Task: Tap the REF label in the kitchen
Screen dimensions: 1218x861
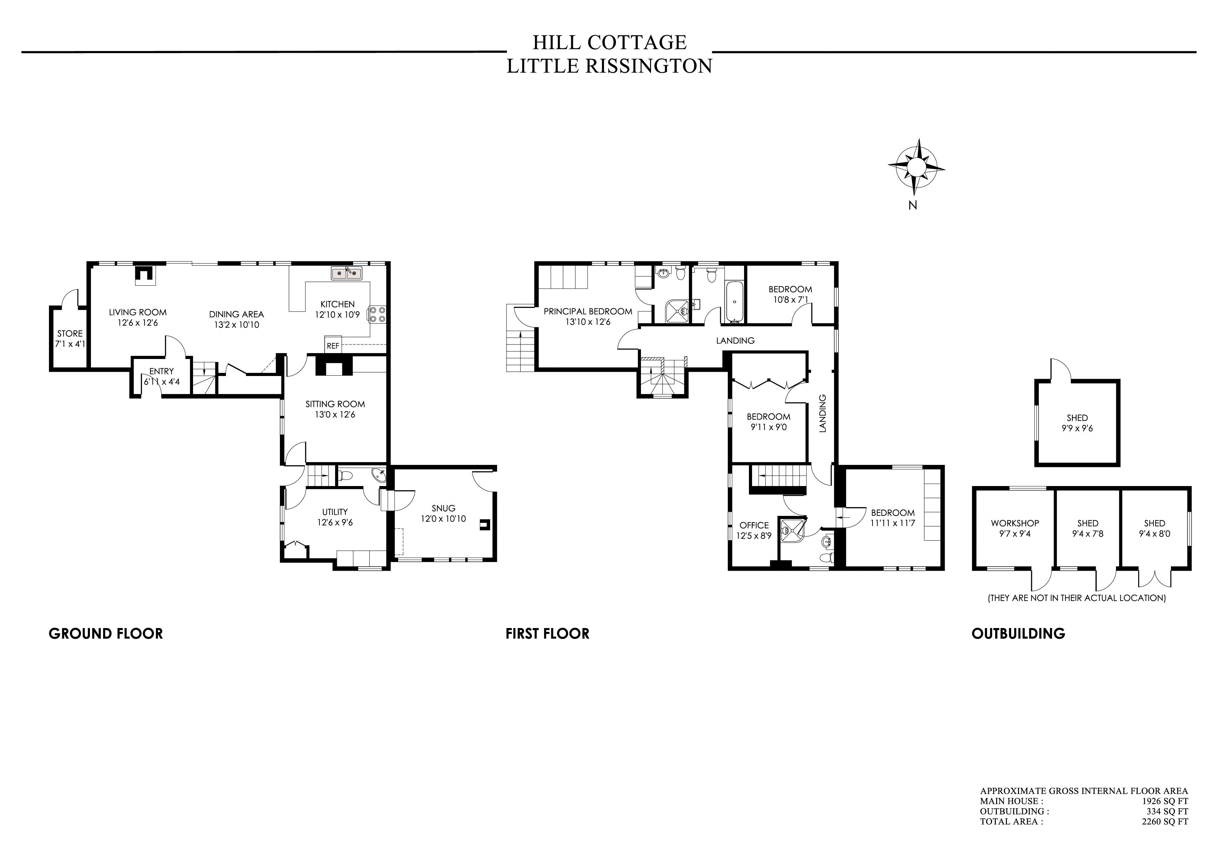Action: [333, 346]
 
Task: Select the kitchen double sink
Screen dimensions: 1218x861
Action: [347, 273]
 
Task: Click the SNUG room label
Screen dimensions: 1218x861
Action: [443, 508]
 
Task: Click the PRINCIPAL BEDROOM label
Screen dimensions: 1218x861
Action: [588, 311]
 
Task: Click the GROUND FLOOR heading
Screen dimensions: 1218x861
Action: [106, 633]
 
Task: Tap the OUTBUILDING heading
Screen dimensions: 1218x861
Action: [1018, 633]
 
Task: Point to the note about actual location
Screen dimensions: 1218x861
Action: [1076, 598]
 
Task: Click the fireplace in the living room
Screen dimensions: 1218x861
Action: [144, 274]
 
